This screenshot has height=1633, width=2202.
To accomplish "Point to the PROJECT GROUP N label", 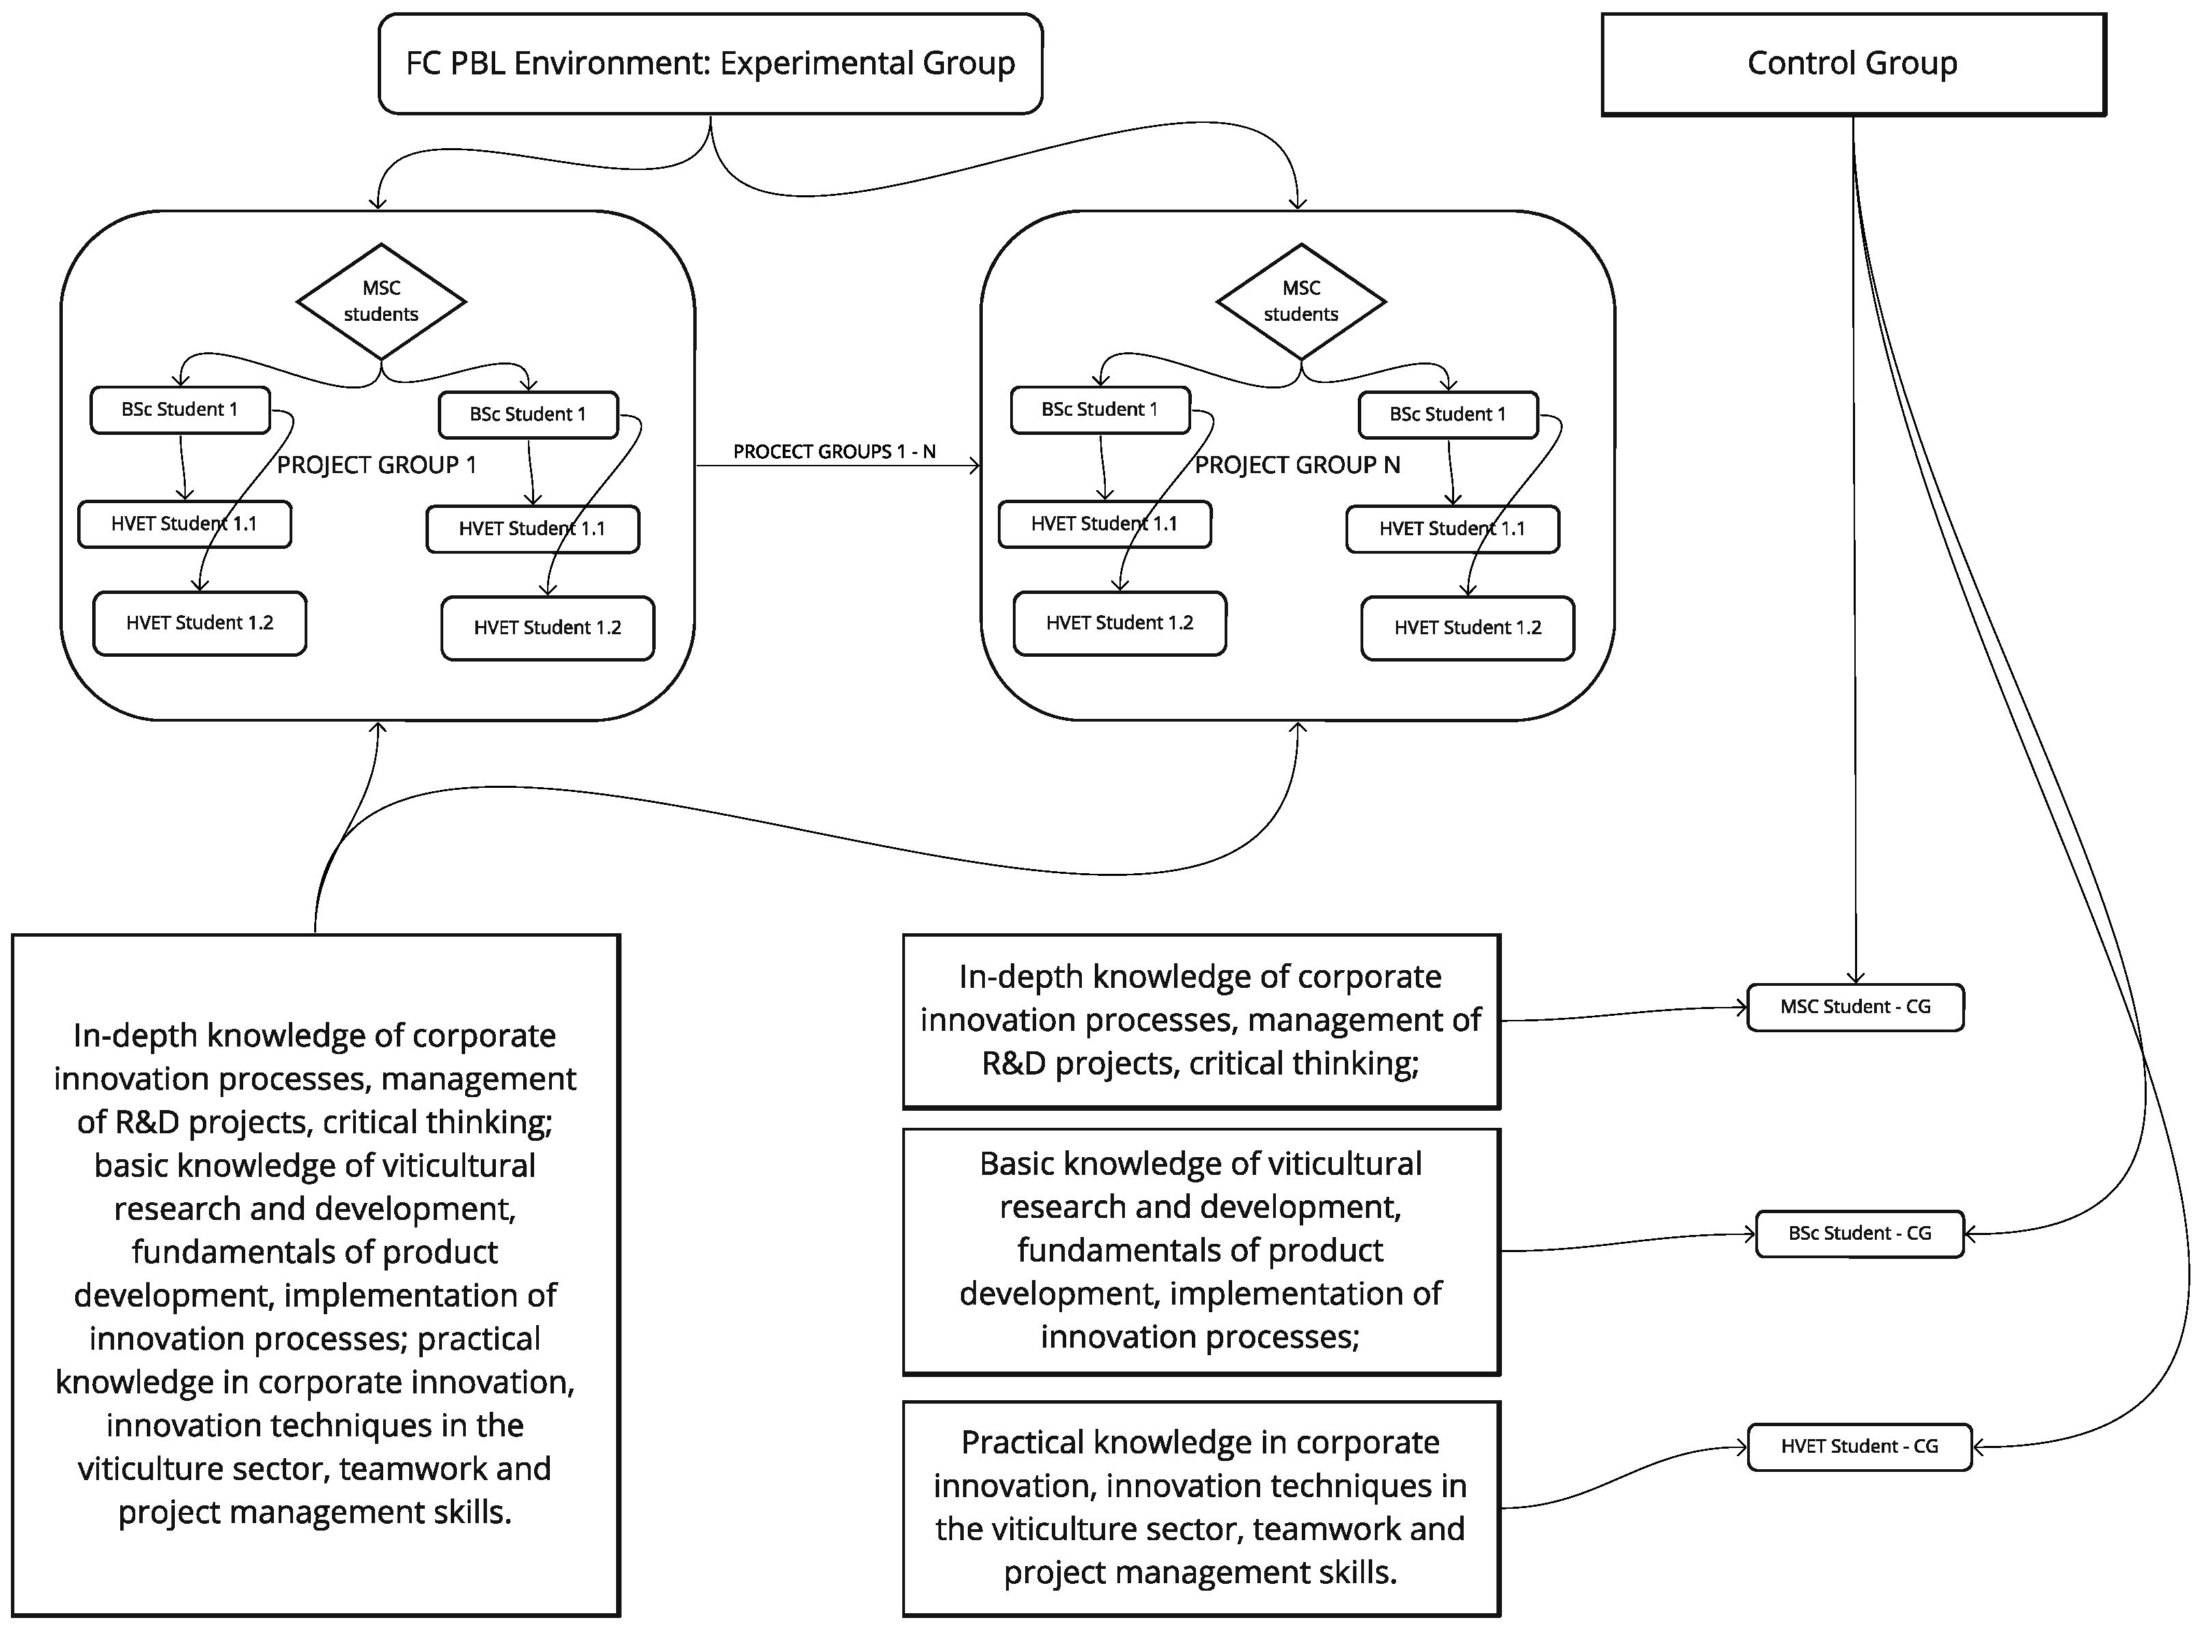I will [x=1297, y=465].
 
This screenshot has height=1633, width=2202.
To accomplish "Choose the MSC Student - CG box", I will [x=1855, y=1007].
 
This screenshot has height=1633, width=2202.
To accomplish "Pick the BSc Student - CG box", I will [x=1859, y=1234].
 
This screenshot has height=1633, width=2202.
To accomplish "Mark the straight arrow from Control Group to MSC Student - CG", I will [x=1855, y=593].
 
